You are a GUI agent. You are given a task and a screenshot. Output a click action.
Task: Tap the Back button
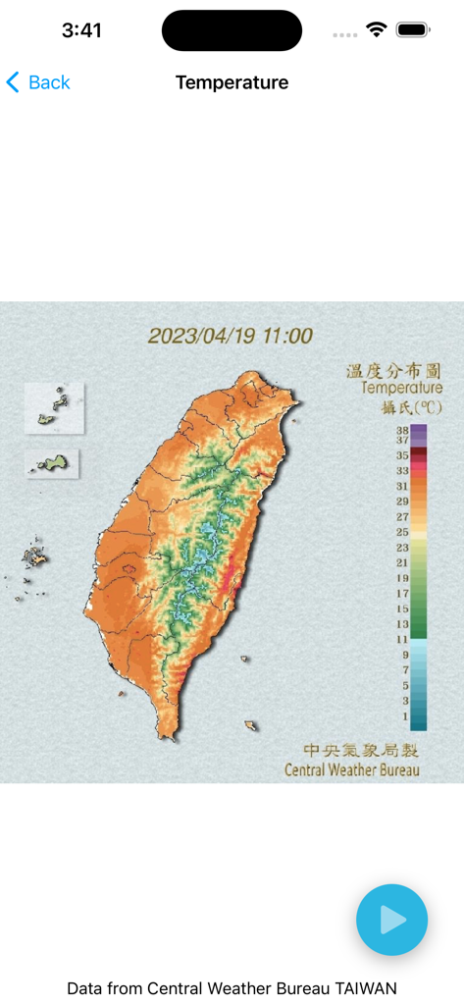(x=38, y=82)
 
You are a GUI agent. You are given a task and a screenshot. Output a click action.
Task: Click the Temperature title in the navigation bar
(x=232, y=82)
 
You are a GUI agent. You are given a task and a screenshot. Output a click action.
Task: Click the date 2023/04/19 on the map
(x=201, y=336)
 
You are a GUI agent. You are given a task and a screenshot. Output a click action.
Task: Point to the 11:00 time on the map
(x=286, y=336)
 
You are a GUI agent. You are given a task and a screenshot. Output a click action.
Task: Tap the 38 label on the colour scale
(x=402, y=430)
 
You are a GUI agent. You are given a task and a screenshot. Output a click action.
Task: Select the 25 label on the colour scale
(x=402, y=531)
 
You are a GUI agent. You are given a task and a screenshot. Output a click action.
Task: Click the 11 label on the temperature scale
(x=402, y=639)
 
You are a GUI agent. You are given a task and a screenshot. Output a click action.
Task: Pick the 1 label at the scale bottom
(x=404, y=716)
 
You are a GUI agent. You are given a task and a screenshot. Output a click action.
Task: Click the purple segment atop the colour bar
(x=419, y=432)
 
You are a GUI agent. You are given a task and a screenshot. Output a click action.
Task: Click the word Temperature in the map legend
(x=401, y=388)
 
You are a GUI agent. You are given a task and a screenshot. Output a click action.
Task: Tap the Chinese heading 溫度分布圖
(x=393, y=370)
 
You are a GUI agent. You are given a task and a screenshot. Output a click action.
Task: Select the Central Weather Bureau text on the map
(x=351, y=769)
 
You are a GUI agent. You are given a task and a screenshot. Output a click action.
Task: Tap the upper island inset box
(x=54, y=407)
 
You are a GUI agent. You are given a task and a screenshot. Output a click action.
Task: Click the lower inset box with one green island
(x=52, y=463)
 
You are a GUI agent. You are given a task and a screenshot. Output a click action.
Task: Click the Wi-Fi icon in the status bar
(x=377, y=30)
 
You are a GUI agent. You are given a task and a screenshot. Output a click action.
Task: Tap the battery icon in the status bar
(x=413, y=30)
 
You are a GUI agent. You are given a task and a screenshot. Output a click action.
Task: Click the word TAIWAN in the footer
(x=366, y=988)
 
